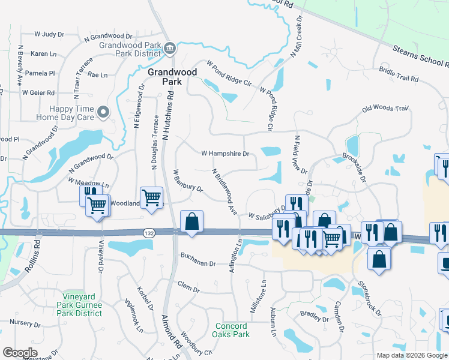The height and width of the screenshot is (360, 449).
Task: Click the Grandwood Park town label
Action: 164,77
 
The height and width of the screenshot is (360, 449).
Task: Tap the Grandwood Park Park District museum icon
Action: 169,47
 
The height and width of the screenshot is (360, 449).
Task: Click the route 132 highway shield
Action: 149,232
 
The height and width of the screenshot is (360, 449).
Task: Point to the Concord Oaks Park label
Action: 232,330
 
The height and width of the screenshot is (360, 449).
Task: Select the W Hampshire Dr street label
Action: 225,154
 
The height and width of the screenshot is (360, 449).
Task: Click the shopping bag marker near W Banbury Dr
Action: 191,221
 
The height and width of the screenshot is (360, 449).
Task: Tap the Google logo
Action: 20,353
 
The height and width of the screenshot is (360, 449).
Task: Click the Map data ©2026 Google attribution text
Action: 412,355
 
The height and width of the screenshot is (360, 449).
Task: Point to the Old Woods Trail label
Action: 385,109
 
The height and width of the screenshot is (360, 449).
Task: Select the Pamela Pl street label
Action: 43,73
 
